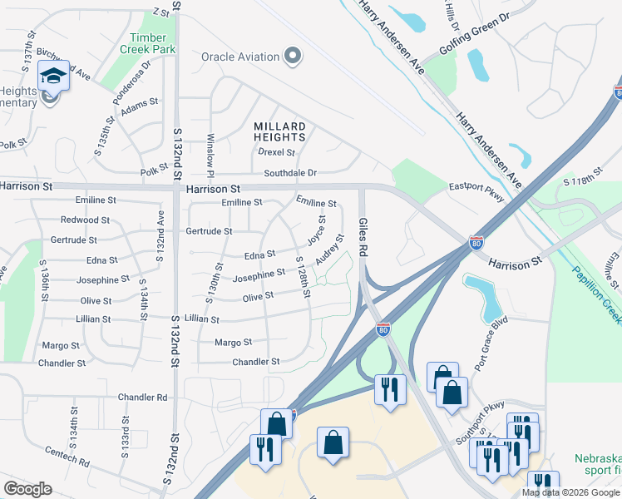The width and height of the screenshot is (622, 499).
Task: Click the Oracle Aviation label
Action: click(x=239, y=57)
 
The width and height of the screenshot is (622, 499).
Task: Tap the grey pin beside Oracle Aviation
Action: click(x=292, y=57)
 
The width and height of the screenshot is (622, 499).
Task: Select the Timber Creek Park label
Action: click(x=153, y=43)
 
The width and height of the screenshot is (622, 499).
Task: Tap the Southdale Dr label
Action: click(x=290, y=173)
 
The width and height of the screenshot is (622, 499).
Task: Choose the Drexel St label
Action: click(x=276, y=153)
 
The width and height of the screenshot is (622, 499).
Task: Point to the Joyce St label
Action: click(x=316, y=230)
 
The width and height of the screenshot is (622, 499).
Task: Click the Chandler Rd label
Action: click(x=142, y=397)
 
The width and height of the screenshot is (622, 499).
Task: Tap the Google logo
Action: click(x=27, y=488)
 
